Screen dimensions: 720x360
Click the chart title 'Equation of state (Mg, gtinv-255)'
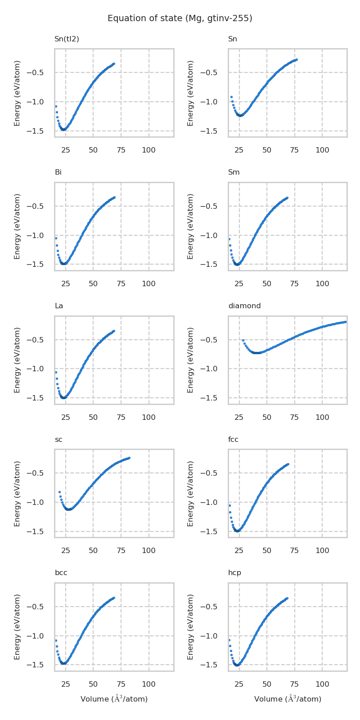click(180, 18)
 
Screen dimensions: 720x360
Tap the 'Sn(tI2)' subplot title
click(67, 39)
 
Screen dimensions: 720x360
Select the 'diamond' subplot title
click(244, 306)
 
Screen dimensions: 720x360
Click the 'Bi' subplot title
click(58, 172)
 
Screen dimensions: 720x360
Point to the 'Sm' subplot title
click(234, 172)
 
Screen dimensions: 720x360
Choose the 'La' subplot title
click(59, 306)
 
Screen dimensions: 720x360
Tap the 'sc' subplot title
click(58, 440)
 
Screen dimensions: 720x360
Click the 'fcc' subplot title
click(233, 440)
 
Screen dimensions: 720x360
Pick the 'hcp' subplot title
click(234, 573)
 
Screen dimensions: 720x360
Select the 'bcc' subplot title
click(61, 573)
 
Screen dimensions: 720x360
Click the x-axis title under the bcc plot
click(114, 699)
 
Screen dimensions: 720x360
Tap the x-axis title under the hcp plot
click(288, 699)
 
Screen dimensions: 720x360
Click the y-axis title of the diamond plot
click(190, 360)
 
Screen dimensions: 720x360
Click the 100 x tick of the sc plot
click(148, 550)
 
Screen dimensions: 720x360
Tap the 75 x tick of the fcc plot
click(294, 550)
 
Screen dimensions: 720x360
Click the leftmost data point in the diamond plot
click(243, 341)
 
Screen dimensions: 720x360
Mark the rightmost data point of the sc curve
click(129, 458)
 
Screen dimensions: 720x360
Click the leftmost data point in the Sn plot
click(231, 97)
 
